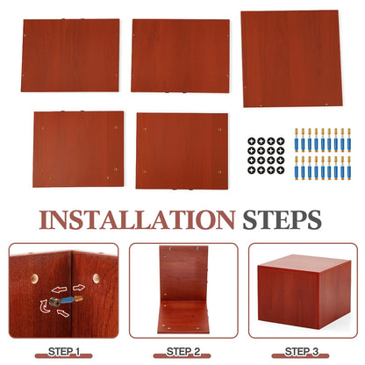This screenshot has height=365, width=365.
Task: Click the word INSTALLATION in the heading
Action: coord(137,220)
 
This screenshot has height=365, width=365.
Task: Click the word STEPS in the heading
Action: coord(282,220)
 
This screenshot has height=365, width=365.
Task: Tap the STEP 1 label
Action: coord(64,352)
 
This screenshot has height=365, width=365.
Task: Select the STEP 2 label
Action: coord(183,352)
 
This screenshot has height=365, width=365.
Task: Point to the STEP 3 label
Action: coord(302,352)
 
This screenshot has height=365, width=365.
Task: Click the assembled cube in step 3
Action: coord(304,291)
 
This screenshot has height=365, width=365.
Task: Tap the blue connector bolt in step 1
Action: coord(66,301)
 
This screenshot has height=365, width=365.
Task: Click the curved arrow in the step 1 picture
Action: coord(45,306)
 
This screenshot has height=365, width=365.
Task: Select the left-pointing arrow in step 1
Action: coord(59,290)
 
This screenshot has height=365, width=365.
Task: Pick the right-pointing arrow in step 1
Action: coord(79,288)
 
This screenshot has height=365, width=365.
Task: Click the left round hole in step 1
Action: coord(34,278)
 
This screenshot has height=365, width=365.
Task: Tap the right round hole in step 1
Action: coord(97,277)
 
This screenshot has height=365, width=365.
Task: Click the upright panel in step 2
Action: coord(183,274)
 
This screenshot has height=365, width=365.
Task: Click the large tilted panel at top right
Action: coord(291,59)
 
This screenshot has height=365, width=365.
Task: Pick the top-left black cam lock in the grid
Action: coord(252,141)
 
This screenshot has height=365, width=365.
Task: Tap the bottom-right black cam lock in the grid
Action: coord(281,170)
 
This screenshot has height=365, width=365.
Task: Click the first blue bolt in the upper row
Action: coord(297,140)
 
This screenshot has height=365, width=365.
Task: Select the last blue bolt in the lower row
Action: coord(349,168)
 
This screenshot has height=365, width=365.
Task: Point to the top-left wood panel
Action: coord(70,55)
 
